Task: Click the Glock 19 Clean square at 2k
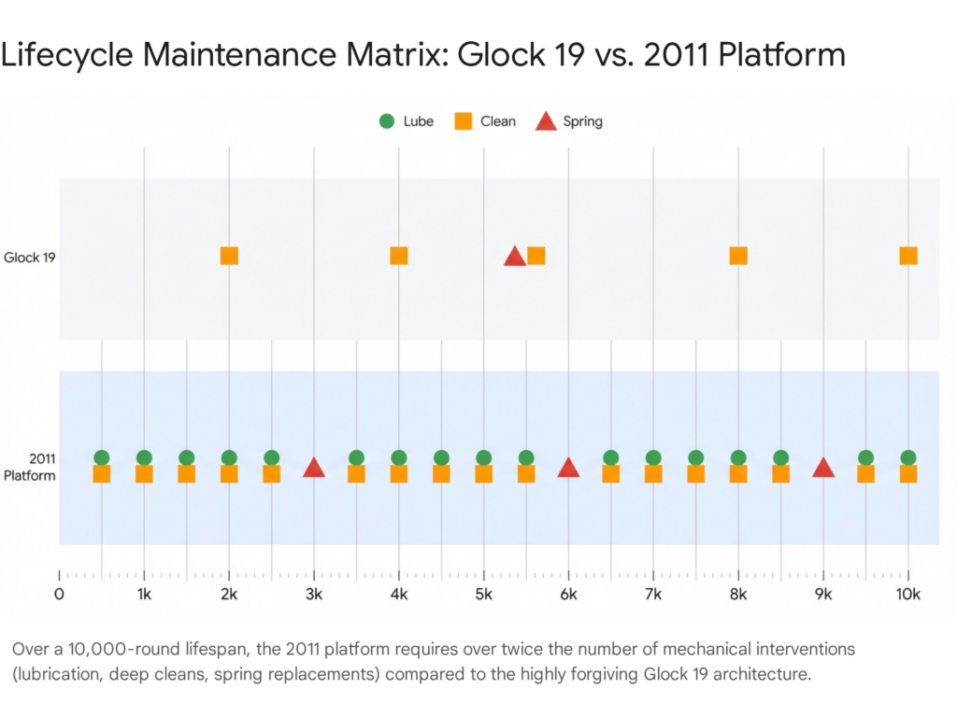(x=229, y=256)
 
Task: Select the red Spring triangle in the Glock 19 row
(x=514, y=257)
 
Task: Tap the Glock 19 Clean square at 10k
(x=908, y=256)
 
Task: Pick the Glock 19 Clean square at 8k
(x=738, y=256)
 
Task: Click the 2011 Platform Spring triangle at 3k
(x=314, y=468)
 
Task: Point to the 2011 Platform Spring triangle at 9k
(x=823, y=468)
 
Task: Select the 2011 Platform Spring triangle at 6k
(x=568, y=468)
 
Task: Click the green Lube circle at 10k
(x=908, y=457)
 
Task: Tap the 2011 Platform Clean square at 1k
(x=144, y=474)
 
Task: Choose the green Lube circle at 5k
(x=484, y=457)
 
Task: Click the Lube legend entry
(x=406, y=121)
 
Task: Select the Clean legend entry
(x=485, y=121)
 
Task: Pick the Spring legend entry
(x=569, y=121)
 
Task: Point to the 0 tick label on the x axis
(x=59, y=595)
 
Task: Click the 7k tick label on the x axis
(x=653, y=595)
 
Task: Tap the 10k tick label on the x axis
(x=908, y=595)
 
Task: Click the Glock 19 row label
(x=29, y=257)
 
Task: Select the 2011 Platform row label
(x=29, y=467)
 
